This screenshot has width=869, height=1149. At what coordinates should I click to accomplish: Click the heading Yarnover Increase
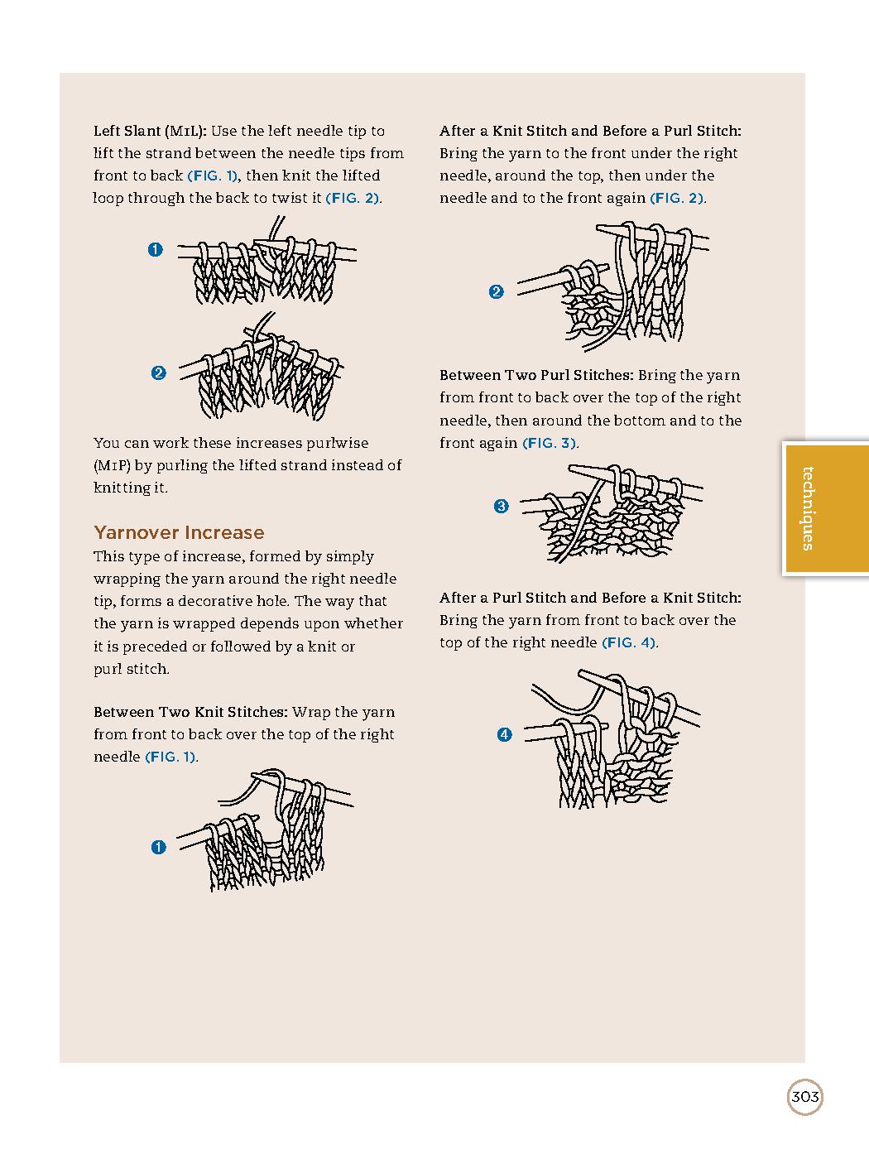[179, 532]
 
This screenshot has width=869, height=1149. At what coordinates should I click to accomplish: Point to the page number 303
[804, 1098]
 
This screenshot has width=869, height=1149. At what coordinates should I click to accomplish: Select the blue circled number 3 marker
[501, 506]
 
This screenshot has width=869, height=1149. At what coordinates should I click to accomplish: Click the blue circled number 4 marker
[504, 734]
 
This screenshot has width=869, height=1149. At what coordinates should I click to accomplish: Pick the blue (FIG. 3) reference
[550, 443]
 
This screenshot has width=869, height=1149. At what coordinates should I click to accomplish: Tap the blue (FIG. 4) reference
[629, 642]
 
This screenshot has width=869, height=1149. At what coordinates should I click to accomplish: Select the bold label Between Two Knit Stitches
[190, 712]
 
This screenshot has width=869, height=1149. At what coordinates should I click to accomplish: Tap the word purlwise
[337, 443]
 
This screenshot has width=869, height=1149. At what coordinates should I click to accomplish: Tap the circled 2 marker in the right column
[496, 291]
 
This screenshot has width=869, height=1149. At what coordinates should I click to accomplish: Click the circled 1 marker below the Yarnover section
[159, 847]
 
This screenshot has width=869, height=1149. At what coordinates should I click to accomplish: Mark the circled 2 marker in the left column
[158, 373]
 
